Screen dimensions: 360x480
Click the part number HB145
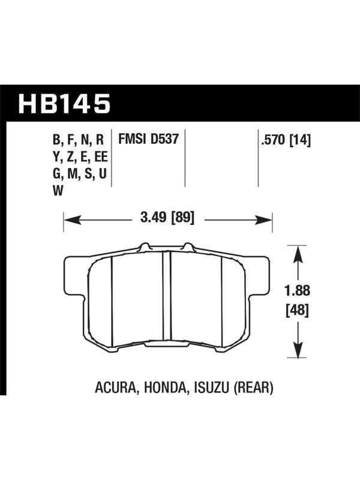(64, 103)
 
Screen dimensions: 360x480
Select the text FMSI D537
(148, 139)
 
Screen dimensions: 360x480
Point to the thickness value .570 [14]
(286, 141)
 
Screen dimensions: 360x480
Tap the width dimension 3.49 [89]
(167, 218)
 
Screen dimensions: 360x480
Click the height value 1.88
(297, 290)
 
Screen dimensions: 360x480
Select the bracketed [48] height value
(297, 310)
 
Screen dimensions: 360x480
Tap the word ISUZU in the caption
(210, 388)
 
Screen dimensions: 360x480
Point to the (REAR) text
(253, 388)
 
